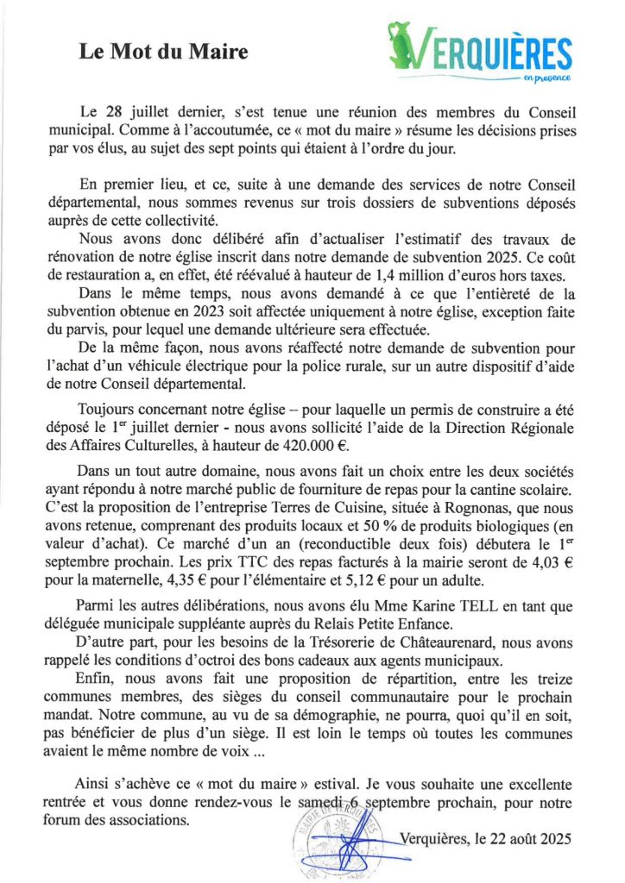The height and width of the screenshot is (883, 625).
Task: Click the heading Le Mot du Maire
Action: (163, 53)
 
